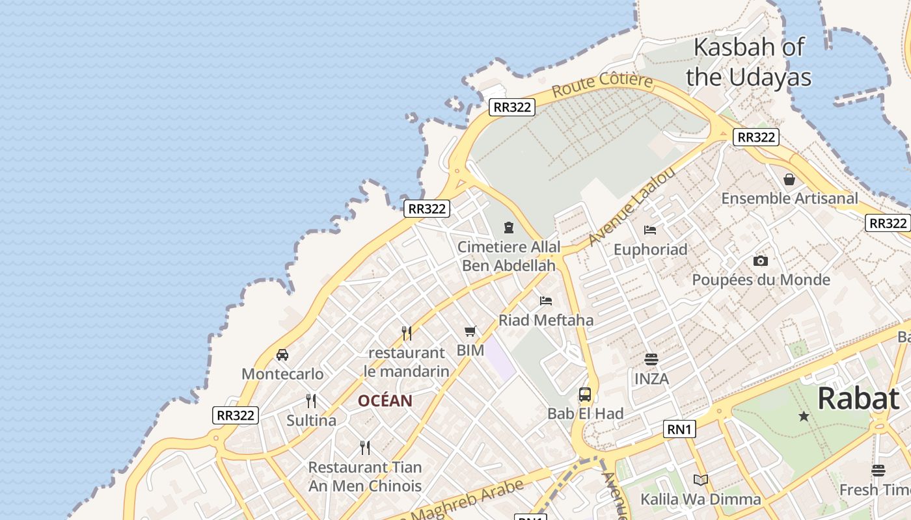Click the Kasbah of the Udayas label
[748, 62]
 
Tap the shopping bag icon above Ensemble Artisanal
[789, 179]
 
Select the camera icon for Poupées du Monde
[760, 261]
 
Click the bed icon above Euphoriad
[650, 229]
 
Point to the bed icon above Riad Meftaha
[546, 300]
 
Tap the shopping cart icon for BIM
[470, 331]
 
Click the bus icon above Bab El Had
[585, 394]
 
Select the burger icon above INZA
[651, 359]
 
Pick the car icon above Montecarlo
[282, 354]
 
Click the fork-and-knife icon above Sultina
[311, 400]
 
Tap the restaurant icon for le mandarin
[407, 333]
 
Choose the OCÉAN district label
[385, 401]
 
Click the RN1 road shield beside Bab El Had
[679, 429]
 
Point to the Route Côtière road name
[602, 86]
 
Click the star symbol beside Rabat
[804, 416]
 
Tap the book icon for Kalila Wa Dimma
[700, 480]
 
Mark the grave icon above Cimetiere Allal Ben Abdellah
[508, 227]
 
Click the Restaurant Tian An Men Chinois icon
[365, 447]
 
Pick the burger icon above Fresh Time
[878, 471]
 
